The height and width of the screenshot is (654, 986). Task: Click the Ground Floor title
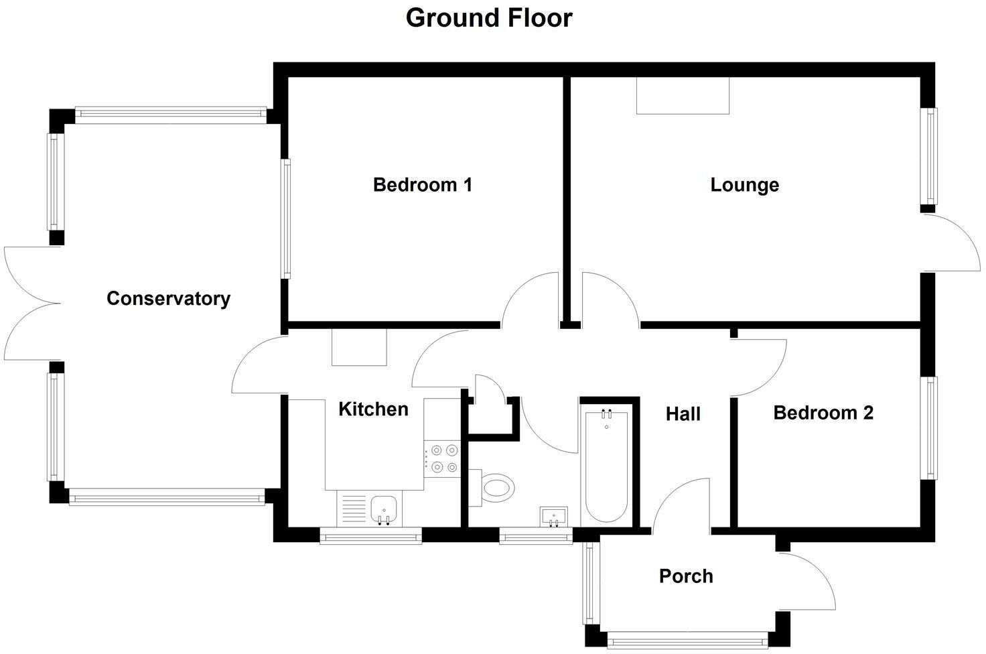pyautogui.click(x=489, y=18)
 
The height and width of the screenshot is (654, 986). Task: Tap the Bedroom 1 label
pyautogui.click(x=423, y=185)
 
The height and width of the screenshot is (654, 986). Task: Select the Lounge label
pyautogui.click(x=744, y=185)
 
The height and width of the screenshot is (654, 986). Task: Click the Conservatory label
pyautogui.click(x=168, y=299)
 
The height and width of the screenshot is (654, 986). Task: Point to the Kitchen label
pyautogui.click(x=373, y=409)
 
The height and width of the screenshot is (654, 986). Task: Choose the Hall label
pyautogui.click(x=683, y=414)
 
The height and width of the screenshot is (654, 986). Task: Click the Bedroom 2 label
pyautogui.click(x=823, y=413)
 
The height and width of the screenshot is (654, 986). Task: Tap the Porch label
pyautogui.click(x=686, y=576)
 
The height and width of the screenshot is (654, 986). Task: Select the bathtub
pyautogui.click(x=606, y=466)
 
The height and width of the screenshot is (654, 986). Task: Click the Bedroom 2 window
pyautogui.click(x=931, y=428)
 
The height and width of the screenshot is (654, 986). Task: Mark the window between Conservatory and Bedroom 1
pyautogui.click(x=286, y=218)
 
